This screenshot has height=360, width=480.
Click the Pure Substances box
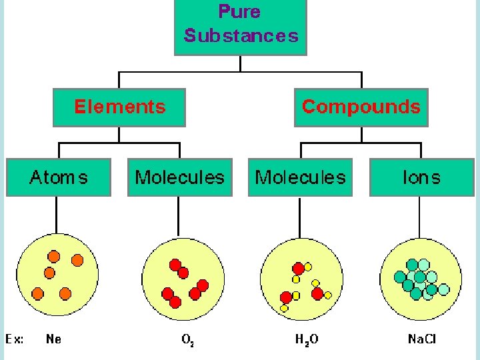tap(240, 27)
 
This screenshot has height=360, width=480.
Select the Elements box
tap(119, 107)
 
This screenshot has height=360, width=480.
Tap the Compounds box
tap(361, 107)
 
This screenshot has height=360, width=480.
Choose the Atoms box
tap(59, 177)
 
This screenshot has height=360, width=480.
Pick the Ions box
tap(421, 177)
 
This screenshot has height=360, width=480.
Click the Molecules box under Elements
tap(180, 177)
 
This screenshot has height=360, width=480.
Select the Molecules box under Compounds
tap(300, 177)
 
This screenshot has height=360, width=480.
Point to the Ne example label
tap(53, 339)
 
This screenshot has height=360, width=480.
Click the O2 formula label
tap(188, 340)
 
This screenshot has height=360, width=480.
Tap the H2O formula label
tap(307, 340)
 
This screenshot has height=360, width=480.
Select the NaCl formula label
tap(422, 339)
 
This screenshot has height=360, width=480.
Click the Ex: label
tap(15, 339)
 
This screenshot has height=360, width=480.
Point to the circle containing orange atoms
tap(57, 275)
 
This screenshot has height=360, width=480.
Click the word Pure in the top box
tap(239, 12)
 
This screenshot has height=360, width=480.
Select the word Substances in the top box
tap(241, 35)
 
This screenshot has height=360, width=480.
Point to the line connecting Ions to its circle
tap(421, 217)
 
